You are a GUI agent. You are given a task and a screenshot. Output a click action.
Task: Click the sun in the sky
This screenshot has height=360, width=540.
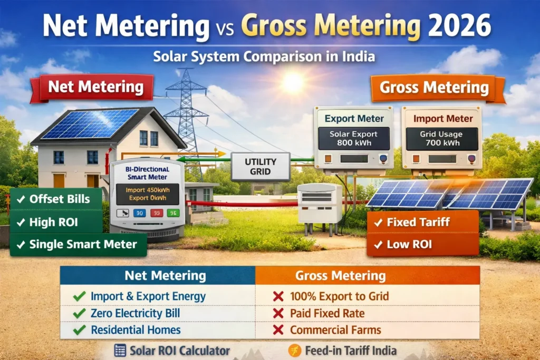(293, 82)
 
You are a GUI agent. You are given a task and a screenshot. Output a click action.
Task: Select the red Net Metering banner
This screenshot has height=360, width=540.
(93, 87)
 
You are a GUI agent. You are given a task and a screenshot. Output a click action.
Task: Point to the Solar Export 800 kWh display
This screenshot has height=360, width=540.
(354, 139)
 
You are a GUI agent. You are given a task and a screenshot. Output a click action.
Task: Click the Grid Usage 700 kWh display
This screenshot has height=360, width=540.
(442, 139)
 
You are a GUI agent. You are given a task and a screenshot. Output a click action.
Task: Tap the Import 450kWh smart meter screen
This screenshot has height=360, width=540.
(148, 194)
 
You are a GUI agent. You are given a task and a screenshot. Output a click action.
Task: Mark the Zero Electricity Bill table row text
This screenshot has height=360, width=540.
(135, 313)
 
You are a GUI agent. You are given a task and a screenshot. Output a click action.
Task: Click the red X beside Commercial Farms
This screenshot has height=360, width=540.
(278, 330)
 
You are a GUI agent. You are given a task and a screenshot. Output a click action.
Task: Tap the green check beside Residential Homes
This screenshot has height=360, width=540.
(80, 330)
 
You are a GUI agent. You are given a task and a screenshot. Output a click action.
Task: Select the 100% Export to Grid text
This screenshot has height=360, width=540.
(339, 296)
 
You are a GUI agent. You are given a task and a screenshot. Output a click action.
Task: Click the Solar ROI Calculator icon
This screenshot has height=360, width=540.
(120, 351)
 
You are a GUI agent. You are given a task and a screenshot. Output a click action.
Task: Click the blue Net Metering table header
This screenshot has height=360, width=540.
(158, 275)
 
